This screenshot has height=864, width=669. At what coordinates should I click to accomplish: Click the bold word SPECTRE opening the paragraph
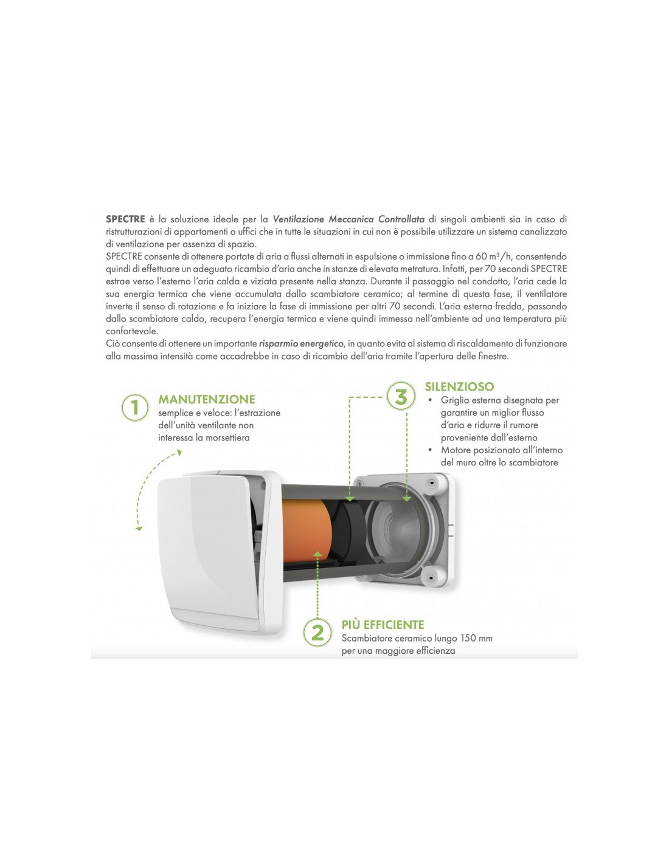coord(125,219)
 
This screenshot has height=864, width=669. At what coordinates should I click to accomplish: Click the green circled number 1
coord(135,408)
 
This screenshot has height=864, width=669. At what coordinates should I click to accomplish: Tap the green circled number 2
coord(317,632)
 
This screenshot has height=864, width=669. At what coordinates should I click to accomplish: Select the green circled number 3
coord(401,396)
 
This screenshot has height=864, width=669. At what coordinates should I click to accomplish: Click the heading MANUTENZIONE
coord(207,399)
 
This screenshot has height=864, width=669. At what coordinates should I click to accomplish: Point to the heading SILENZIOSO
coord(459,386)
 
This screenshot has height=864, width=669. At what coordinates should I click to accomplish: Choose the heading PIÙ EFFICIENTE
coord(383,625)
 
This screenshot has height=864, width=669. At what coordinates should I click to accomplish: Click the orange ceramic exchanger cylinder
coord(307,531)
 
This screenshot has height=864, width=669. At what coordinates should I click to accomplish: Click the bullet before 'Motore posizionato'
coord(430,450)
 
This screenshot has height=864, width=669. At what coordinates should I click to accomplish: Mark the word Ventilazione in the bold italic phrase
coord(299,219)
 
